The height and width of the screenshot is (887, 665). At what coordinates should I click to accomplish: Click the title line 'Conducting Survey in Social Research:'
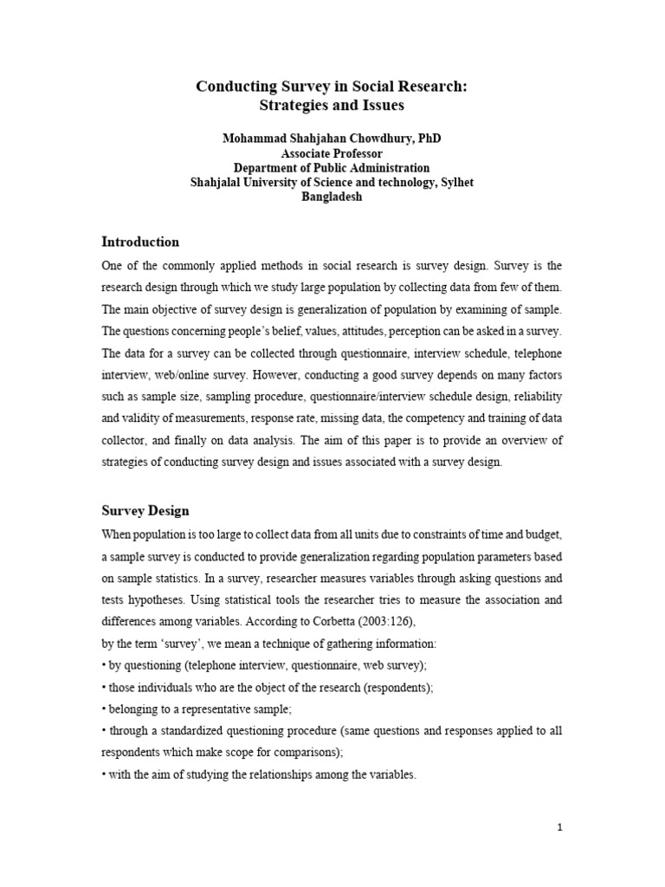(332, 87)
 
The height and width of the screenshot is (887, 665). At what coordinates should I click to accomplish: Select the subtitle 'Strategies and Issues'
(332, 106)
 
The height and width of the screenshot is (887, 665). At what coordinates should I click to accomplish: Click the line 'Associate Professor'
(332, 153)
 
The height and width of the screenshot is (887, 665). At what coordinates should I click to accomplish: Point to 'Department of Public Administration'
(332, 167)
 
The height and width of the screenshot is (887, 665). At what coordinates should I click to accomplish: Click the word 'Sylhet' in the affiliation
(455, 182)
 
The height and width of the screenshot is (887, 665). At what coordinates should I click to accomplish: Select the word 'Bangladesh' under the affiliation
(332, 197)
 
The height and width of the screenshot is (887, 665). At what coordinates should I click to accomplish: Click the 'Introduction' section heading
(140, 242)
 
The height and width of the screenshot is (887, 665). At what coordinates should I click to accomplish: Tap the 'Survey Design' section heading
(145, 510)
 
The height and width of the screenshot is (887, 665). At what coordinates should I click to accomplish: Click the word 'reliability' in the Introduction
(538, 397)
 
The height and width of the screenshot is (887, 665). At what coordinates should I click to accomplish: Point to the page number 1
(560, 827)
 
